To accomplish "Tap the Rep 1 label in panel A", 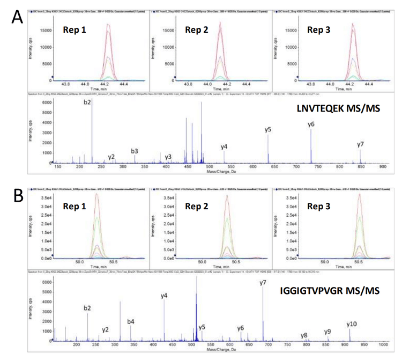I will [75, 30].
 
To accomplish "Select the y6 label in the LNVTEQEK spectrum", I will [311, 124].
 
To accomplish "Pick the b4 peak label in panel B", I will [131, 322].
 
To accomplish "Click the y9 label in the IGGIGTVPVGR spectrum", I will [327, 332].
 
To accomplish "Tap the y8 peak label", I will [304, 336].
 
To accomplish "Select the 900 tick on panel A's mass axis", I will [380, 167].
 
